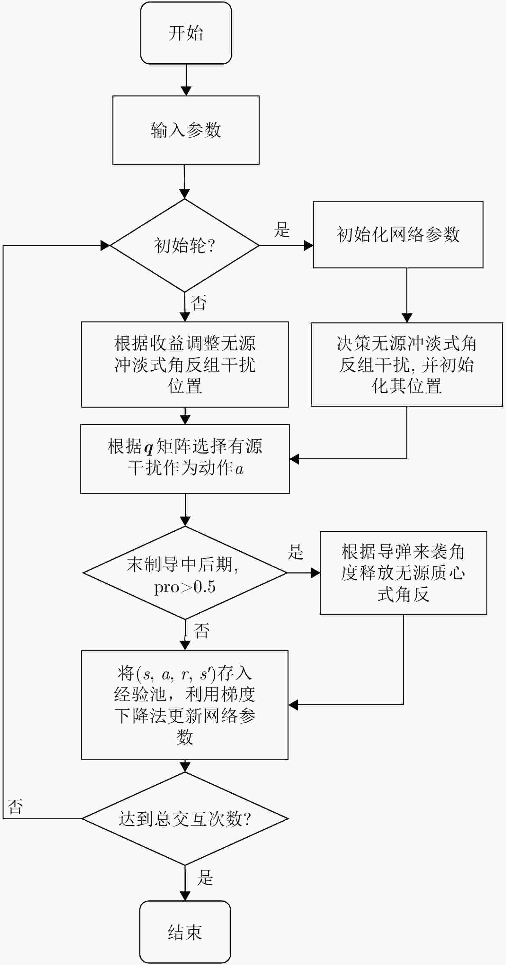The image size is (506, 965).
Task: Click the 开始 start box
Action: [186, 33]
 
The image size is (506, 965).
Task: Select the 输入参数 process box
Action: [186, 130]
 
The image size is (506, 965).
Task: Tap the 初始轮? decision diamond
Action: [184, 245]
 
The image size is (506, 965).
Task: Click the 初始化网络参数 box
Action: [398, 235]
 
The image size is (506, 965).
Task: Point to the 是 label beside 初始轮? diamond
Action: [282, 229]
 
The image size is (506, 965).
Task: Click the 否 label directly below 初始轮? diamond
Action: [199, 303]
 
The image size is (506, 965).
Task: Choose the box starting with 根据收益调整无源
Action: [185, 364]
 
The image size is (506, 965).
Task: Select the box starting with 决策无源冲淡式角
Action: [406, 364]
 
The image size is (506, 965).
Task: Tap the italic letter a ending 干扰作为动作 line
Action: [239, 469]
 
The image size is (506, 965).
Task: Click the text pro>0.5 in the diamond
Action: [185, 587]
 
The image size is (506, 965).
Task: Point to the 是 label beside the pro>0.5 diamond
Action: [295, 552]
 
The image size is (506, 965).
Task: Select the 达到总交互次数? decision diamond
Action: [185, 818]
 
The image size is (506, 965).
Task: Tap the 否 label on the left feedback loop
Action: [15, 806]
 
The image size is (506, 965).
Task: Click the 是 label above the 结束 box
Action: [205, 877]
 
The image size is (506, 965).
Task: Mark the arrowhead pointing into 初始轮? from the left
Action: [105, 245]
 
